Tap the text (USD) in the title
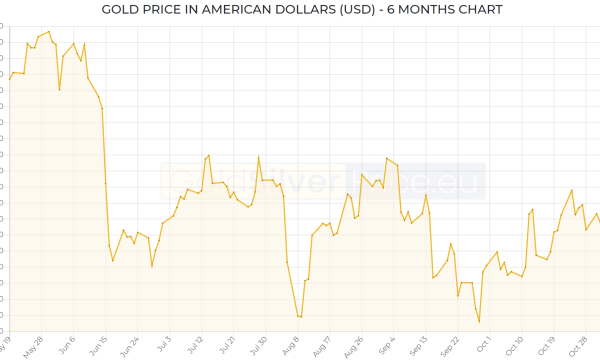click(x=358, y=10)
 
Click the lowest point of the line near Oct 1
click(x=479, y=321)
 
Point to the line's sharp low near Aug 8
click(x=300, y=317)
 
